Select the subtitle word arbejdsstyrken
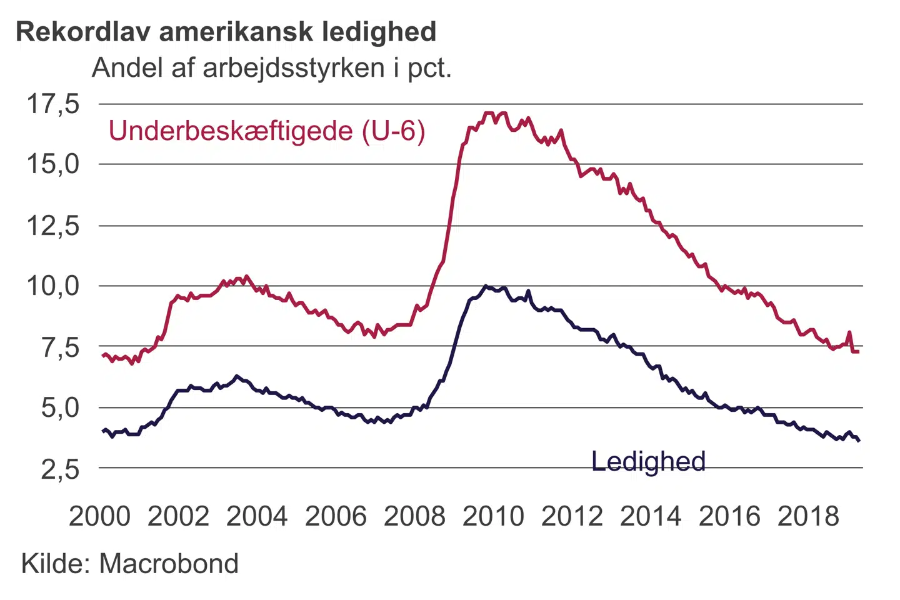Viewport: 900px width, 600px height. (294, 67)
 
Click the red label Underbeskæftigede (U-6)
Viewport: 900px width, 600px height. (267, 131)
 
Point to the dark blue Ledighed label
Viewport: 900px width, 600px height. (648, 462)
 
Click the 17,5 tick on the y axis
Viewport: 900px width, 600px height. (53, 104)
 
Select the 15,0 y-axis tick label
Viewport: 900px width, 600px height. (53, 164)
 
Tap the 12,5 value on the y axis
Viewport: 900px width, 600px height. (53, 226)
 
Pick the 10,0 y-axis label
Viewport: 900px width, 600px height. (53, 286)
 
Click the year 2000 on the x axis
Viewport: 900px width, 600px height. (100, 516)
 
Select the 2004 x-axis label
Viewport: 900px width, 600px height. (257, 516)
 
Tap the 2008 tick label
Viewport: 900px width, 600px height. (414, 516)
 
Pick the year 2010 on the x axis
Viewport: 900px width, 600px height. (493, 516)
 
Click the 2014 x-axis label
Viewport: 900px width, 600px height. (651, 516)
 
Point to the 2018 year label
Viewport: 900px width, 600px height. (808, 516)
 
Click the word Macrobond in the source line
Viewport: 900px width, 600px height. (169, 564)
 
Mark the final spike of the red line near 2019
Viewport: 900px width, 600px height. (849, 332)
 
